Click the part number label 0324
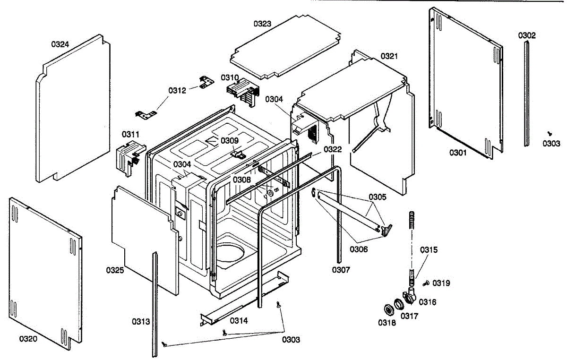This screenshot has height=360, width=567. click(x=60, y=44)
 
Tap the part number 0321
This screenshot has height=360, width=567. click(x=389, y=56)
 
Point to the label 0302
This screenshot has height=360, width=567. click(x=527, y=35)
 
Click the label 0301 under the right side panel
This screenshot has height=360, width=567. click(x=458, y=153)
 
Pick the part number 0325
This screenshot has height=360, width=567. click(x=115, y=270)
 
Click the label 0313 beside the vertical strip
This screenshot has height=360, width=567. click(x=141, y=322)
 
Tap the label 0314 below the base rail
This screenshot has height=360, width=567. click(x=239, y=320)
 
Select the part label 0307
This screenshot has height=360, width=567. click(x=341, y=270)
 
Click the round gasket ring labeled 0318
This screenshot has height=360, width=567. click(x=389, y=310)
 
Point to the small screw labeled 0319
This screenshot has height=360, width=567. click(x=426, y=283)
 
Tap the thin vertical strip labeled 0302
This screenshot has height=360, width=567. click(x=526, y=94)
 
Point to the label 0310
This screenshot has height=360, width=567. click(x=230, y=77)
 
